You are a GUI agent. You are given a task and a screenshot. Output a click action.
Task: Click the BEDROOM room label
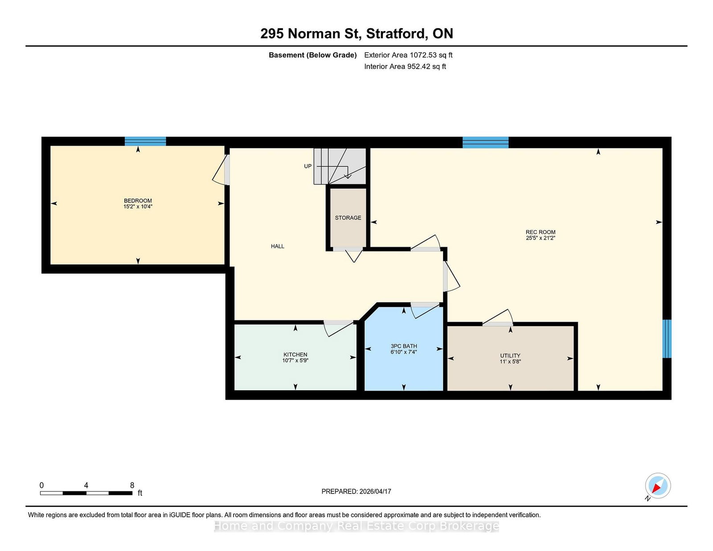(138, 201)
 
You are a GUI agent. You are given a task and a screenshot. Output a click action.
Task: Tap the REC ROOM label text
(541, 232)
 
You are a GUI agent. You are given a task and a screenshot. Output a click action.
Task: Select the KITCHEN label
(295, 355)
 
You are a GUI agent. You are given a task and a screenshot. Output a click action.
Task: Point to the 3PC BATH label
(404, 346)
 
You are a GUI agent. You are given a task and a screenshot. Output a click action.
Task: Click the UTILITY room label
(510, 355)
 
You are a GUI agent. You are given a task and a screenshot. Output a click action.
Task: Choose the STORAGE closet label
(348, 218)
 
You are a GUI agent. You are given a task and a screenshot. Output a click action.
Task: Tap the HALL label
(278, 246)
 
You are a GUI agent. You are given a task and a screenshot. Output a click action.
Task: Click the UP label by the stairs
(308, 166)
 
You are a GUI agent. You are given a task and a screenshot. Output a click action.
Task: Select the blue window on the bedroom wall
(145, 141)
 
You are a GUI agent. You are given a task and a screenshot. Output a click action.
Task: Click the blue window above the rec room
(486, 143)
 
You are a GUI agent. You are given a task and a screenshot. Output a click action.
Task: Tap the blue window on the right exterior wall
(667, 339)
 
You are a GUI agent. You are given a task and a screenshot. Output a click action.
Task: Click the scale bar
(86, 493)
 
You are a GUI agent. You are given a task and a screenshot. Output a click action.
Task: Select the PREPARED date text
(356, 491)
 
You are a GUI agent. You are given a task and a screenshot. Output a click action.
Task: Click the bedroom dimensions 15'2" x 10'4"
(138, 207)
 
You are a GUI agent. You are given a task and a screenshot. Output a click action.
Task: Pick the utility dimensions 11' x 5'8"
(510, 361)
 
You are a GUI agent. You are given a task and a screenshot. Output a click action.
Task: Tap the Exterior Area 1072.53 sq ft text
(408, 55)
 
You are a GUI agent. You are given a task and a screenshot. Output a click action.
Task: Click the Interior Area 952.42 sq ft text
(405, 66)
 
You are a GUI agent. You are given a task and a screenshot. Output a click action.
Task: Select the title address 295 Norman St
(311, 33)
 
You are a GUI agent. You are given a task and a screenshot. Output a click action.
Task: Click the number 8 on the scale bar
(132, 486)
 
